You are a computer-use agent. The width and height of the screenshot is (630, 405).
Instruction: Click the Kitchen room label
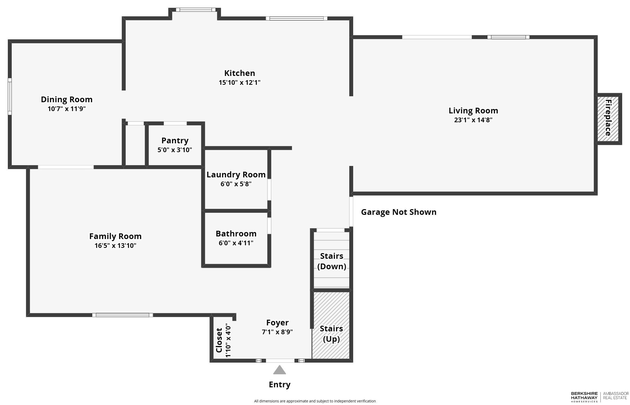point(240,73)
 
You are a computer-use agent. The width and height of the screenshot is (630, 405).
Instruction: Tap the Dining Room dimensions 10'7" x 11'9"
point(67,109)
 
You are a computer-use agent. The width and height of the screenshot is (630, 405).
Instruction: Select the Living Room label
point(473,111)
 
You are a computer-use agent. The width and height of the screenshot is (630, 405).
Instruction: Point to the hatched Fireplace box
point(608,119)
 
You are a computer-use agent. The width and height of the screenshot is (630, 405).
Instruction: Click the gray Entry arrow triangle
point(279,370)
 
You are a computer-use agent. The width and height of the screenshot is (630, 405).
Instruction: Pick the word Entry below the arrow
point(280,384)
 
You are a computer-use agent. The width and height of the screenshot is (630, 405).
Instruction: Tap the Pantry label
point(175,141)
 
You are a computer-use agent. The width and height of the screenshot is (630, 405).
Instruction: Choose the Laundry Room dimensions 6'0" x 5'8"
point(236,184)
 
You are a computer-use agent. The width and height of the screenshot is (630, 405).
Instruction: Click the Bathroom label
point(236,234)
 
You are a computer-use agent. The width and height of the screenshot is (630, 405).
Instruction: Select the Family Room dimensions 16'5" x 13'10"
point(115,246)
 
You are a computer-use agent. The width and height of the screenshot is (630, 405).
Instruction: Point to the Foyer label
point(277,323)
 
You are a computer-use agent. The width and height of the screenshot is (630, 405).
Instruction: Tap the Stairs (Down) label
point(332,261)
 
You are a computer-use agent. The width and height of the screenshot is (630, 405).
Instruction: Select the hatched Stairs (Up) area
point(331,325)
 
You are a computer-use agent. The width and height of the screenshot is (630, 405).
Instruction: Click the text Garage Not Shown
point(398,212)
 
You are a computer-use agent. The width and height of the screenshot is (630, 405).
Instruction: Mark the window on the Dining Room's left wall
point(10,96)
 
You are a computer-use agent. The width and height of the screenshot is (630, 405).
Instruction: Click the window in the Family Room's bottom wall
point(123,315)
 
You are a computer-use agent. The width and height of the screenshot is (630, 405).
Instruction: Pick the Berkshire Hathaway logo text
point(584,397)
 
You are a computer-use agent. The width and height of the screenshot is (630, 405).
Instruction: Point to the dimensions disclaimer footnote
point(315,401)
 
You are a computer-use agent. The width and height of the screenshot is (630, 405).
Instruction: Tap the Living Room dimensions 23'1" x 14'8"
point(473,120)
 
